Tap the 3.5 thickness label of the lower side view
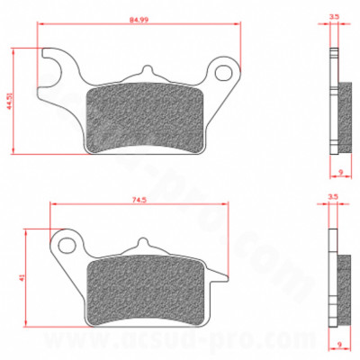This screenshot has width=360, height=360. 334,194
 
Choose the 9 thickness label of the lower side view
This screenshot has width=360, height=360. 339,342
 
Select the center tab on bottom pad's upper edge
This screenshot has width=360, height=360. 141,244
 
